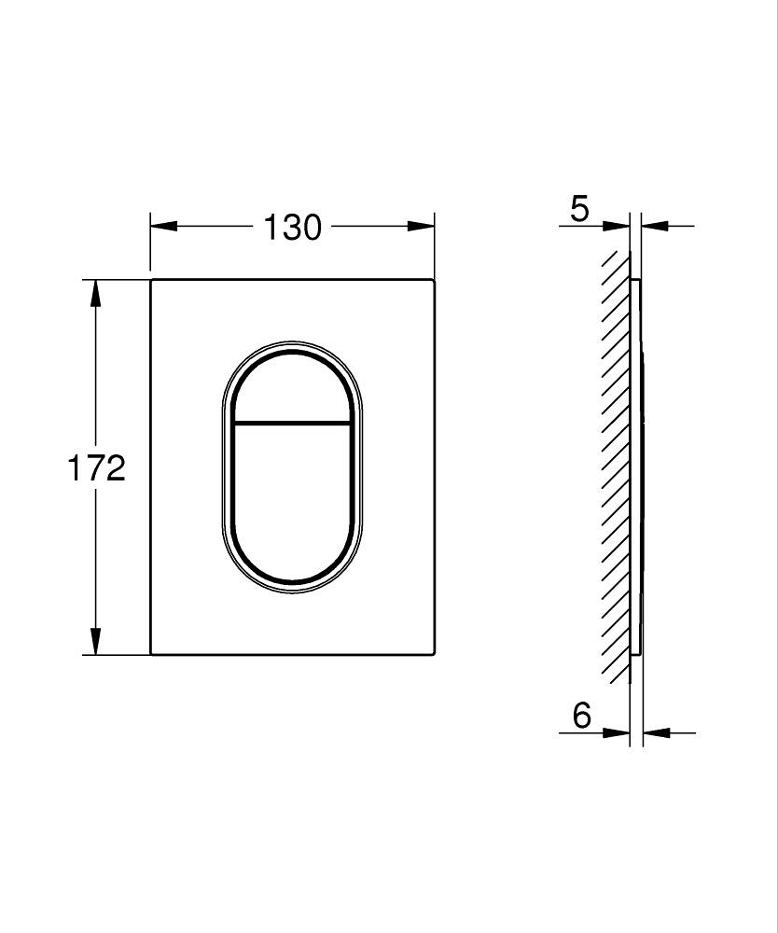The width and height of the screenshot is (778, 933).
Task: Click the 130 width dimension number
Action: [x=292, y=227]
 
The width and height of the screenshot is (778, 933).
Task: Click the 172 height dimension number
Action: [x=95, y=467]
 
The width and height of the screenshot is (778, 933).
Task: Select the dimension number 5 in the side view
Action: [x=580, y=209]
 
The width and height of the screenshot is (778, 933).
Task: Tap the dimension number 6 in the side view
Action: [x=582, y=716]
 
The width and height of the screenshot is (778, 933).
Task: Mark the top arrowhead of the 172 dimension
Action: [x=94, y=291]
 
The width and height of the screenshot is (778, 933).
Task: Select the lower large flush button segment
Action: [x=292, y=504]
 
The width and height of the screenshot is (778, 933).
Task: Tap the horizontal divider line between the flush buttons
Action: [x=292, y=423]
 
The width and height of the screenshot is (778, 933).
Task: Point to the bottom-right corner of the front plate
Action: [x=434, y=654]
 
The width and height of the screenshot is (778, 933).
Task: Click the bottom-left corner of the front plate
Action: [x=152, y=654]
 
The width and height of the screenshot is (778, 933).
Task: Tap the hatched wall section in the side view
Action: [x=616, y=466]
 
